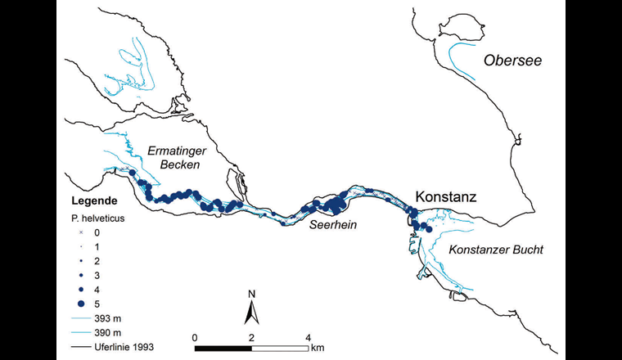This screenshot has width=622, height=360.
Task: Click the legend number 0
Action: [97, 232]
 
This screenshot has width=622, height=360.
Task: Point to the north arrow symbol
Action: [253, 311]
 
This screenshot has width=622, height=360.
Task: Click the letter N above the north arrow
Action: [253, 294]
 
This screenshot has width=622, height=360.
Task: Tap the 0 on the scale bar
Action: [195, 337]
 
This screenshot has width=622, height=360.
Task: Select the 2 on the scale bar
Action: [251, 337]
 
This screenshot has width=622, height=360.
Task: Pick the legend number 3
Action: [97, 275]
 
